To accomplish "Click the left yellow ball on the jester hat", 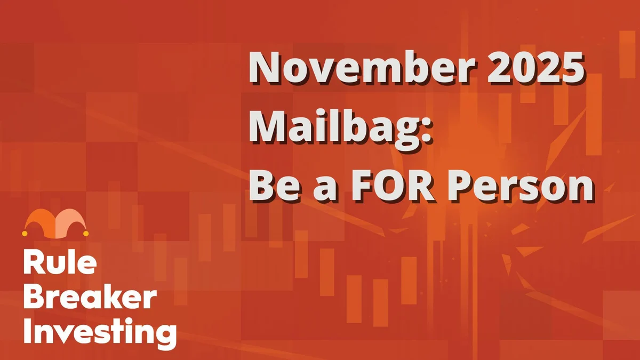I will (25, 233).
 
